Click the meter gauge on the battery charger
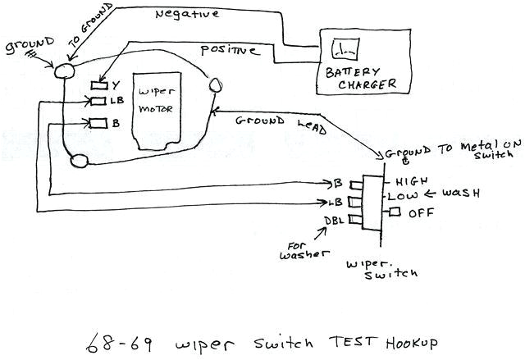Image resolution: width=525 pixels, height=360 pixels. click(x=340, y=49)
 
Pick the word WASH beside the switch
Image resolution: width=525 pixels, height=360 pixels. click(x=460, y=194)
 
